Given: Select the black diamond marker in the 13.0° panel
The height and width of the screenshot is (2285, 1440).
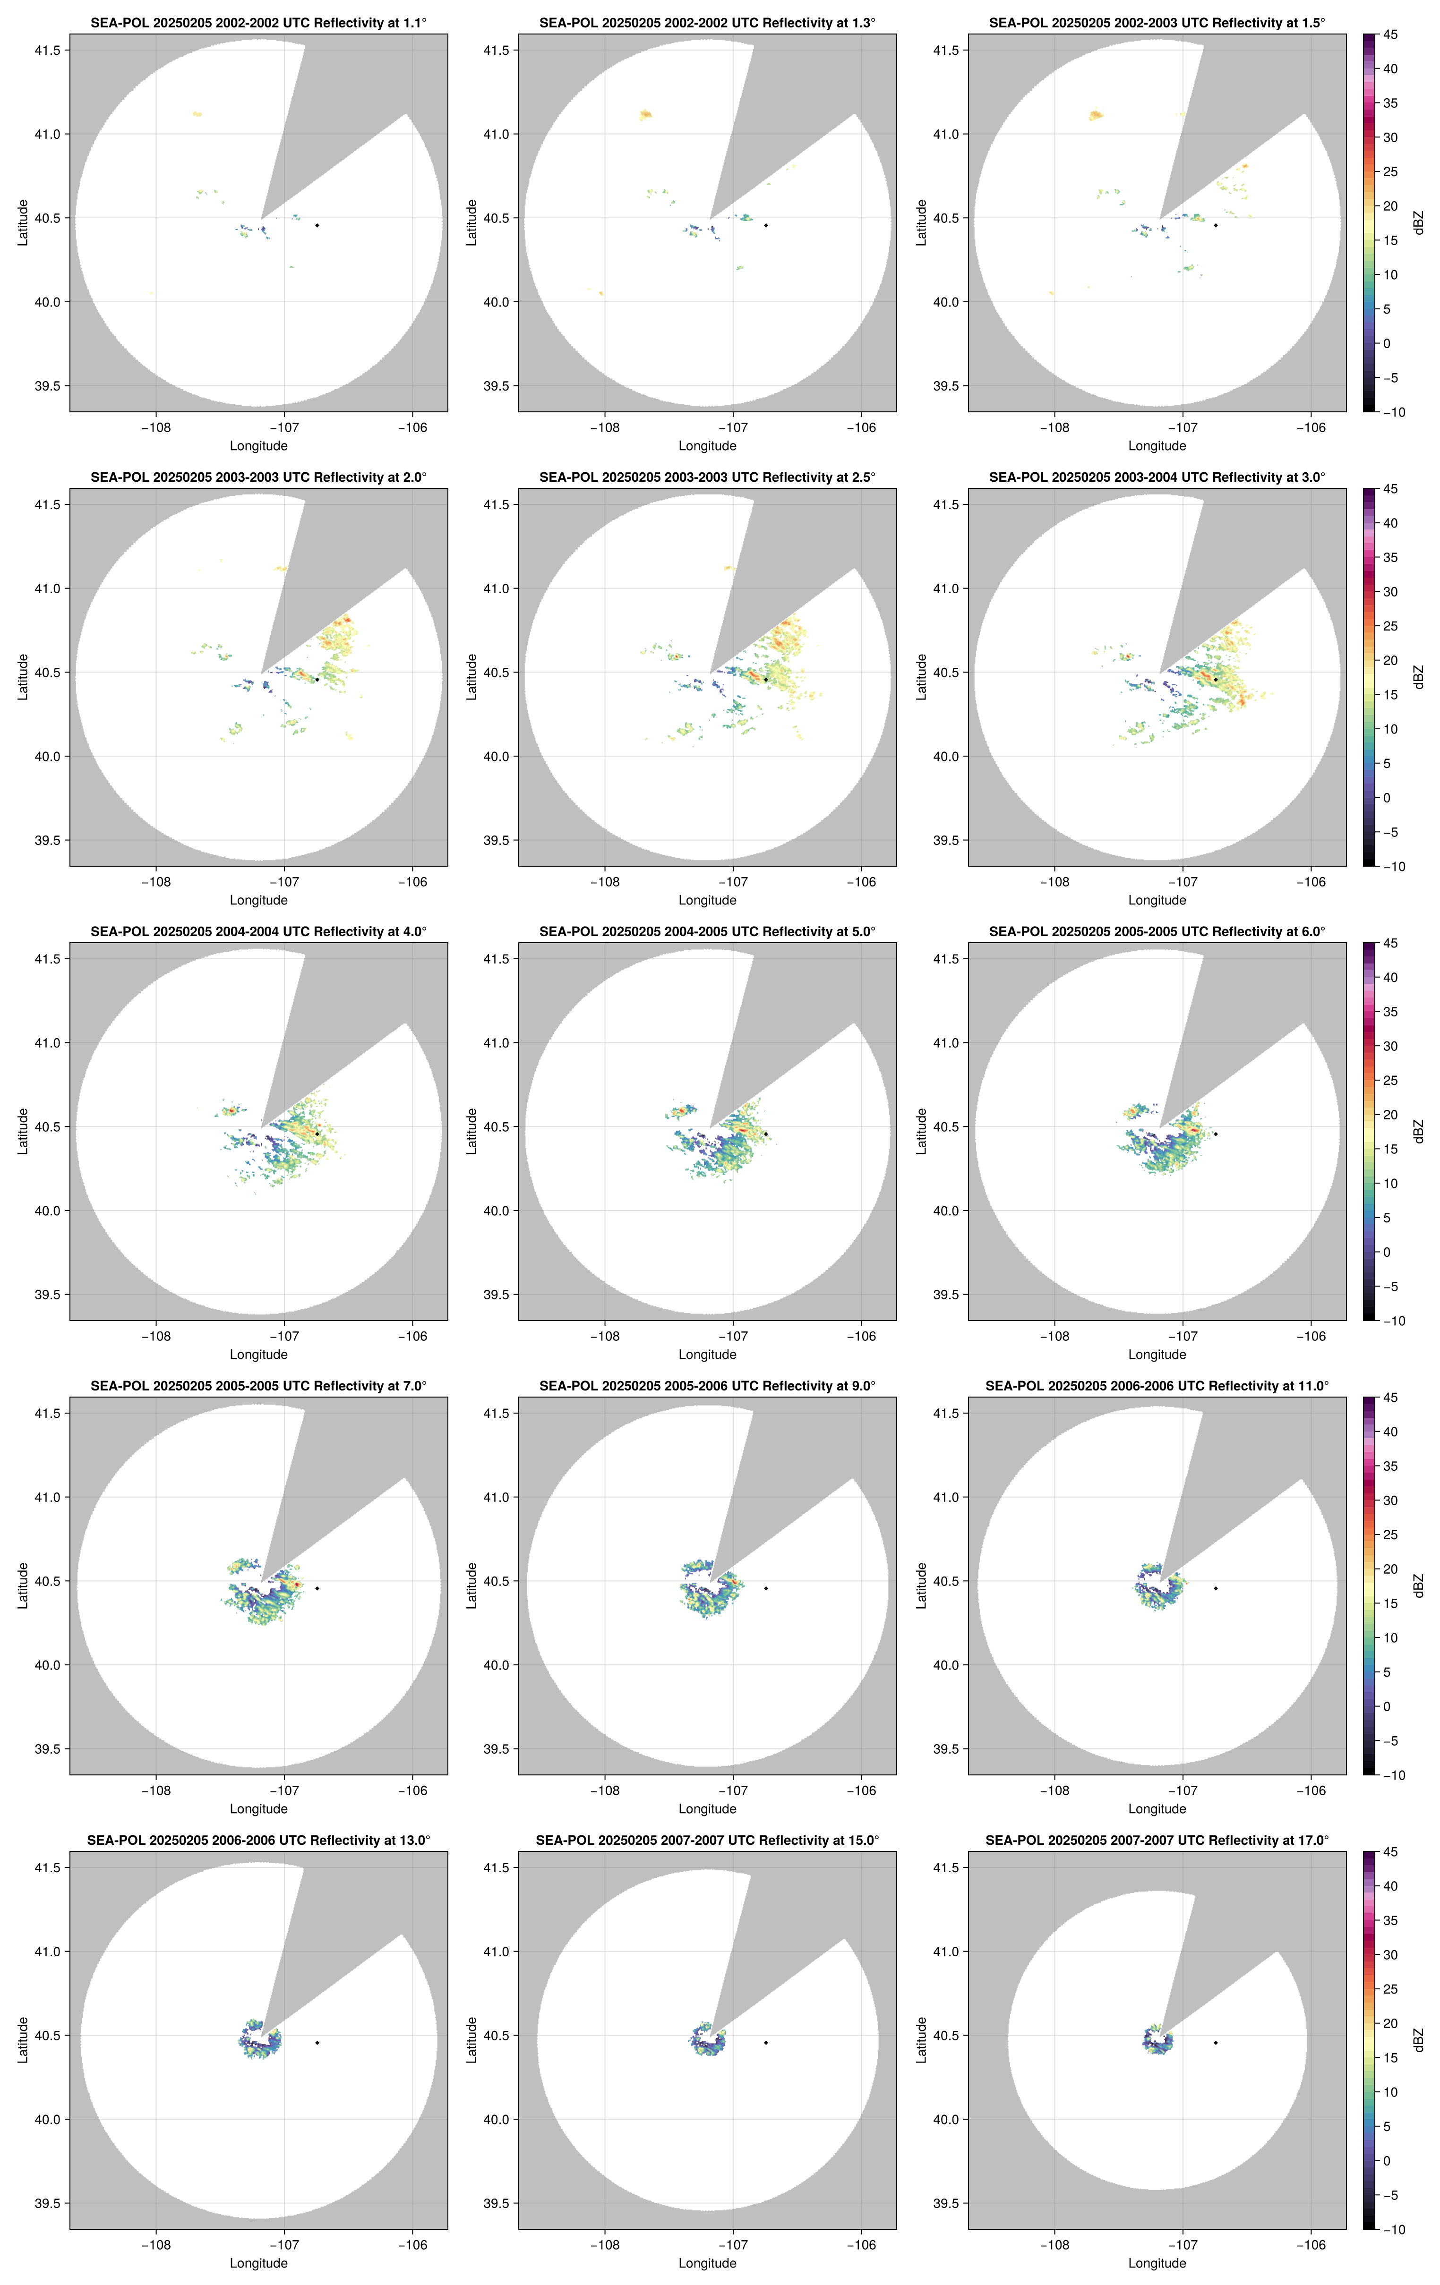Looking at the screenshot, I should click(x=317, y=2042).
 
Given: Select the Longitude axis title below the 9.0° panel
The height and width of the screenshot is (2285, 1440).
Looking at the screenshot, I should click(x=707, y=1808).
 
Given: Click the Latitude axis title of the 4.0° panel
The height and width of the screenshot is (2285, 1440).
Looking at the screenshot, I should click(x=23, y=1131).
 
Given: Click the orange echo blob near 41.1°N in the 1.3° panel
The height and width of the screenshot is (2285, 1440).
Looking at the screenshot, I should click(x=645, y=115).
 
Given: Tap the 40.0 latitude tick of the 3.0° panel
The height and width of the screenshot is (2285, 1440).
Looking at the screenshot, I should click(x=945, y=756).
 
